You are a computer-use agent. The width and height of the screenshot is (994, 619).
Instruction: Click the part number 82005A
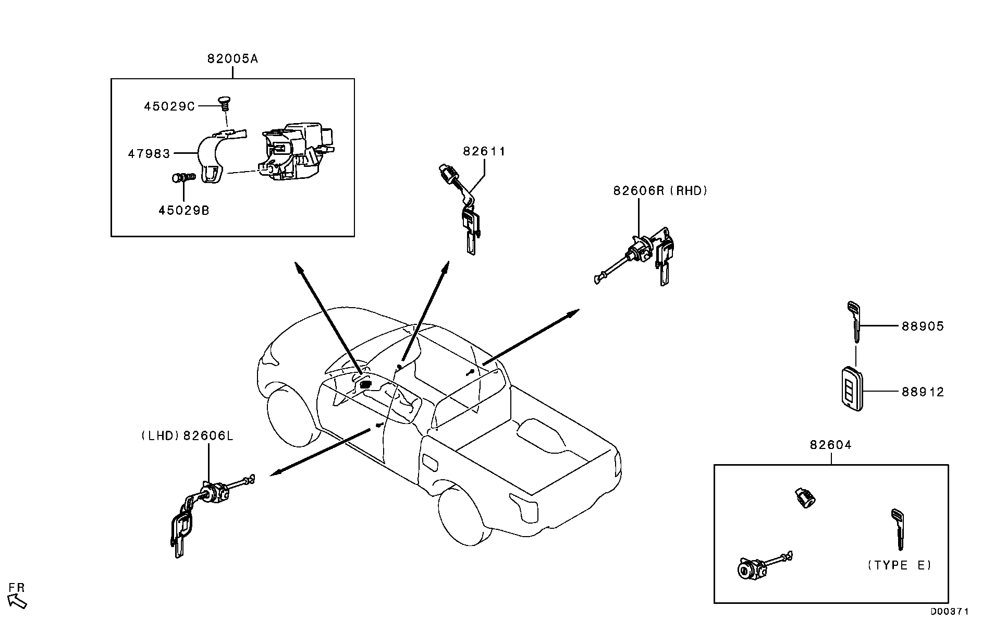tap(232, 58)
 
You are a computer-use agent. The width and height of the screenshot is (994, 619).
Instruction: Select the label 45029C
tap(169, 106)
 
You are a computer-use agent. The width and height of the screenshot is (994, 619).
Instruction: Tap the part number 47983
tap(149, 153)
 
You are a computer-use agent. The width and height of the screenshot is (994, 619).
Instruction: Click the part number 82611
tap(484, 151)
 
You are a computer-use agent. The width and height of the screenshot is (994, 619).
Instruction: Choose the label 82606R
tap(638, 191)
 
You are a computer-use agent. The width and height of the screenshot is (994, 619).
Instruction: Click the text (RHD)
tap(689, 191)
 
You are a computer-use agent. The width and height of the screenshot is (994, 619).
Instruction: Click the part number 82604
tap(831, 445)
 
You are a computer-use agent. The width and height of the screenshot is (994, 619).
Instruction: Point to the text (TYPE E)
tap(899, 565)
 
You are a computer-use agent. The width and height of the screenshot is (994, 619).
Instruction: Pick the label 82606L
tap(208, 435)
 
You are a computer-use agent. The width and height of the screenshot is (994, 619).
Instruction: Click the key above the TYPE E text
tap(898, 529)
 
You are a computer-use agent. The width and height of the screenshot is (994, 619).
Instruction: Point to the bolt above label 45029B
tap(183, 178)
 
